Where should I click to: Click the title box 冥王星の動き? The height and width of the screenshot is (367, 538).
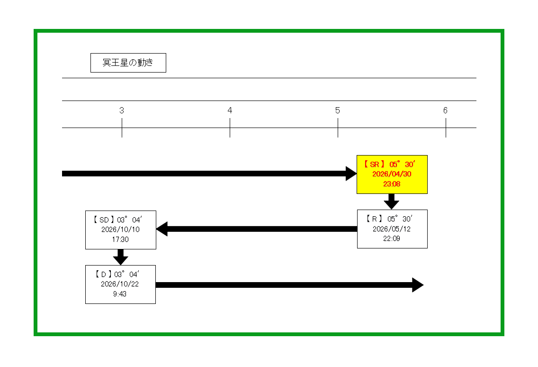pyautogui.click(x=128, y=63)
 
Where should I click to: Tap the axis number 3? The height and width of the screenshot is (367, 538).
pyautogui.click(x=122, y=110)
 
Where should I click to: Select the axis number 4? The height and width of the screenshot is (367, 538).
pyautogui.click(x=230, y=110)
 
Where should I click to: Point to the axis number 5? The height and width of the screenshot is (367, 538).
pyautogui.click(x=338, y=110)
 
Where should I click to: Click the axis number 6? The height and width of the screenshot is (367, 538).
pyautogui.click(x=445, y=110)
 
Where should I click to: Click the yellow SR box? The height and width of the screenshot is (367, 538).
pyautogui.click(x=392, y=174)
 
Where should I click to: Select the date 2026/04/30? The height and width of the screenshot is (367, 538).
pyautogui.click(x=392, y=174)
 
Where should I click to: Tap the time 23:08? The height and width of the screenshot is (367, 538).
pyautogui.click(x=392, y=184)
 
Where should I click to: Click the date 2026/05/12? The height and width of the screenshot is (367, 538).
pyautogui.click(x=392, y=229)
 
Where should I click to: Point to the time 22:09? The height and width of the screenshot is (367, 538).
pyautogui.click(x=392, y=239)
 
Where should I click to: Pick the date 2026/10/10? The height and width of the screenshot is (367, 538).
pyautogui.click(x=120, y=229)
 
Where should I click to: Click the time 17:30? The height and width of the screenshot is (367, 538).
pyautogui.click(x=120, y=239)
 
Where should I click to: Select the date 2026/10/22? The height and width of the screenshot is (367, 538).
pyautogui.click(x=120, y=284)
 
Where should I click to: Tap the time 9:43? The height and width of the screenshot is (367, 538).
pyautogui.click(x=120, y=294)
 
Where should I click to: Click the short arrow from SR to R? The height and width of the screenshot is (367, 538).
pyautogui.click(x=391, y=201)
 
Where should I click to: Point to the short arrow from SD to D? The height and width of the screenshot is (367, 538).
pyautogui.click(x=121, y=257)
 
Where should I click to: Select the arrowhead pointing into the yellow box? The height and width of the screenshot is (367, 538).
pyautogui.click(x=351, y=174)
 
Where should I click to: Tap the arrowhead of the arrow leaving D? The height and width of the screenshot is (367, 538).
pyautogui.click(x=417, y=285)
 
